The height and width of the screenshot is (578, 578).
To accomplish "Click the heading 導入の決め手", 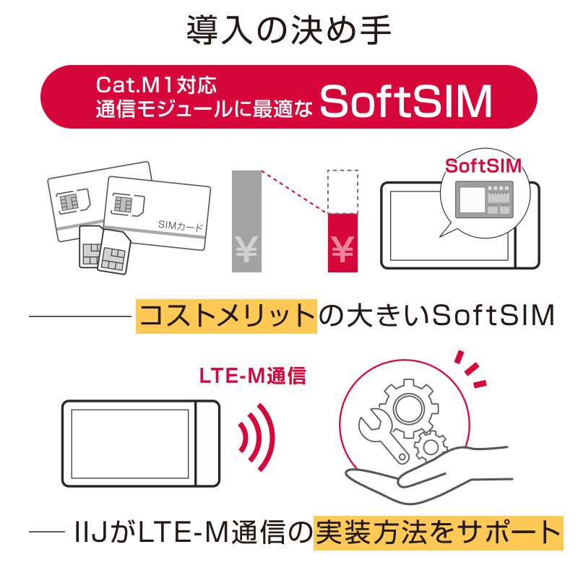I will pyautogui.click(x=289, y=30).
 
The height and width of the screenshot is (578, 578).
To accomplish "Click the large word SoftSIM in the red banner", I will pyautogui.click(x=405, y=101).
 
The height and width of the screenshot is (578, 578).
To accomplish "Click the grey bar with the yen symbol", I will pyautogui.click(x=246, y=221).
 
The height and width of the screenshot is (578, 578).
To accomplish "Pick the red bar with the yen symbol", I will pyautogui.click(x=342, y=242).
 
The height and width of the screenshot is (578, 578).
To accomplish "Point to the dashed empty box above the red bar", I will pyautogui.click(x=342, y=191).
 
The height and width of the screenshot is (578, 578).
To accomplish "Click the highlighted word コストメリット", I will pyautogui.click(x=227, y=316).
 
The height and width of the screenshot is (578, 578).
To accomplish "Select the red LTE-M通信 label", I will pyautogui.click(x=252, y=376).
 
